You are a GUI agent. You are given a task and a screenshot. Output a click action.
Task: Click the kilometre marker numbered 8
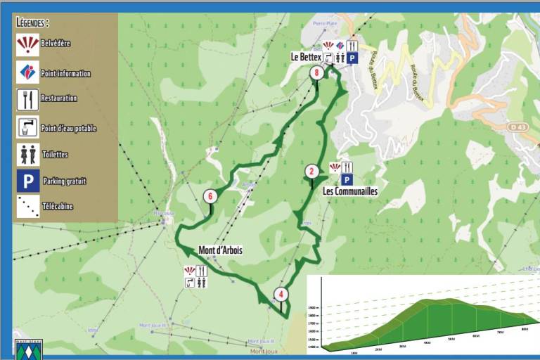point(317,72)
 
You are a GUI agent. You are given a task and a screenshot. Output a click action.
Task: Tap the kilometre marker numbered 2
point(311,171)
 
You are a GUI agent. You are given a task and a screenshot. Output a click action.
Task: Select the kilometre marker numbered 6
point(209,196)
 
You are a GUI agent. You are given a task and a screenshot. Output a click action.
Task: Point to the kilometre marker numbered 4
point(281,295)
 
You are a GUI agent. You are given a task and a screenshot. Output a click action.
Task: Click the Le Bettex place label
point(306,56)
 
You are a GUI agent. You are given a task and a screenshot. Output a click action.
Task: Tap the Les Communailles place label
point(350,191)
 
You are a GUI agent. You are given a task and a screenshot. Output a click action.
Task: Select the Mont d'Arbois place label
point(220,250)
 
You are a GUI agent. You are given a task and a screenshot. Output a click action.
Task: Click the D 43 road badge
point(517,127)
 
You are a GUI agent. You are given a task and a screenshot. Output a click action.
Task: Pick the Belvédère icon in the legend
point(28,44)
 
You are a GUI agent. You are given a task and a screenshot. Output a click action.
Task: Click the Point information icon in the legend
point(28,72)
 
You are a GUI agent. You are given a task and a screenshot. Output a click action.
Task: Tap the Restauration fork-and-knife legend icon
point(28,99)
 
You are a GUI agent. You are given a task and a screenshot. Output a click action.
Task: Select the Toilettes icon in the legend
point(28,154)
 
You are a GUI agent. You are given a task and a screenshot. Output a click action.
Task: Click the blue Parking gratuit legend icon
point(28,181)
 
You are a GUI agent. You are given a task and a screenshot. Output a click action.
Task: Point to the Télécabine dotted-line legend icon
point(28,207)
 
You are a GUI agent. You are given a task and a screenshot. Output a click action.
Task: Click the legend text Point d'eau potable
point(69,128)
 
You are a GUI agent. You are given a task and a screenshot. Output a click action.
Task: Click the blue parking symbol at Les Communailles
point(347,179)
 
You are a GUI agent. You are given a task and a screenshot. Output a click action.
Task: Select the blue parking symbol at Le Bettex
point(352,58)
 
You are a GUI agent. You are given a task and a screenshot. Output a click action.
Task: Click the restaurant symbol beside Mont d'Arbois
point(202,271)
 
